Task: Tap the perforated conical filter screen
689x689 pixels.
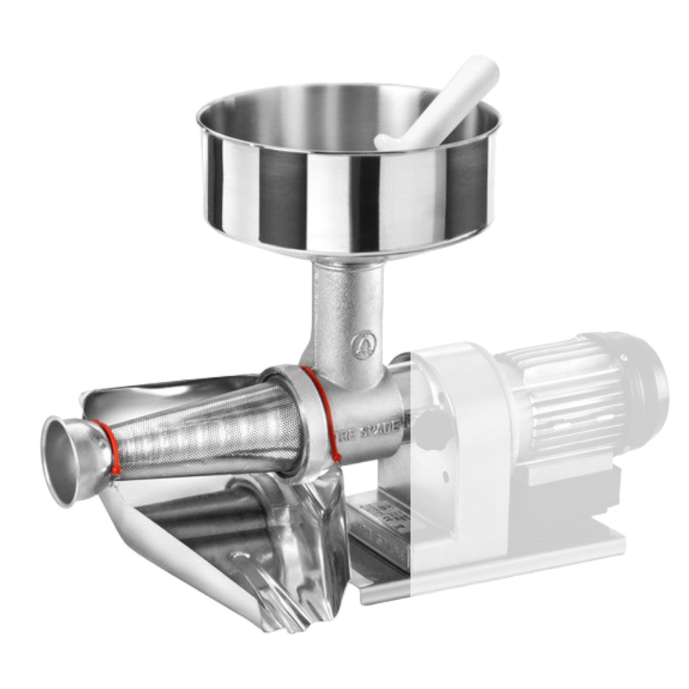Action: click(207, 427)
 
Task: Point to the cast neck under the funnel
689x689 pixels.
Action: click(344, 310)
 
